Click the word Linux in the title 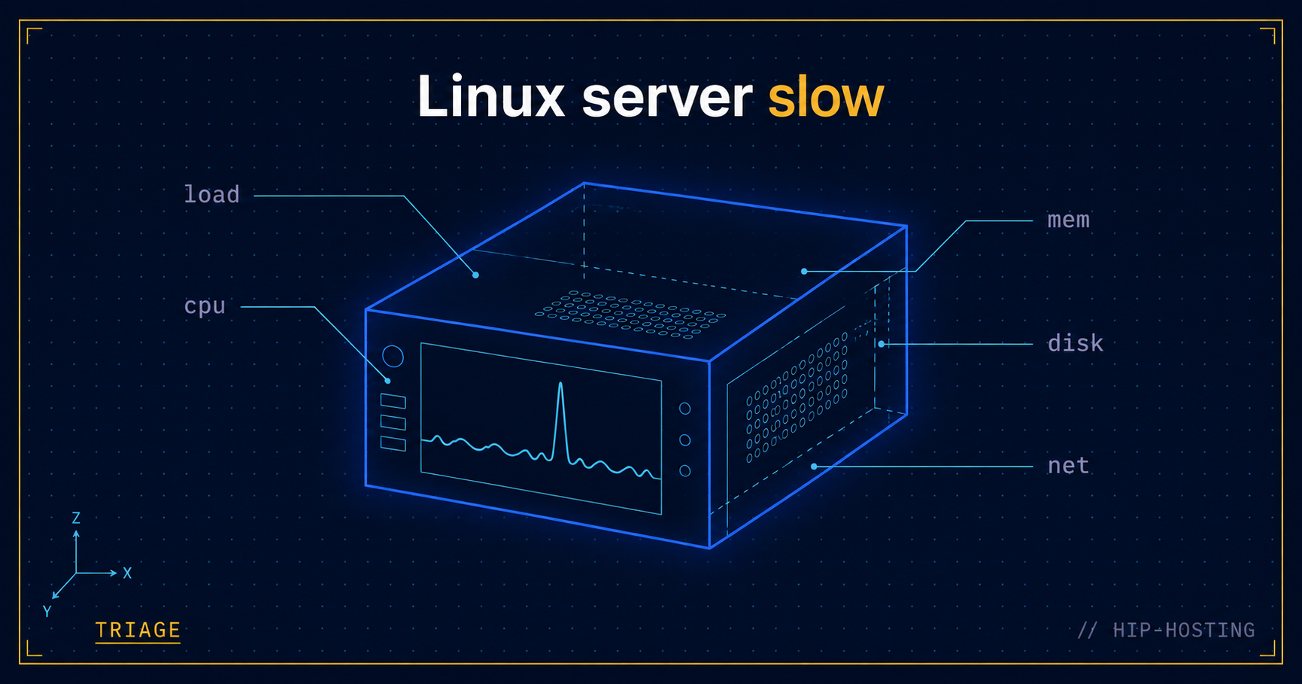pos(491,96)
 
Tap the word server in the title pos(667,99)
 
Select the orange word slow pos(826,96)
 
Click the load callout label pos(212,194)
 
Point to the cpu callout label pos(205,306)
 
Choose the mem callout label pos(1068,220)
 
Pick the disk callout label pos(1076,343)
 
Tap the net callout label pos(1068,466)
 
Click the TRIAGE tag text pos(138,630)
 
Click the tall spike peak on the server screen pos(560,385)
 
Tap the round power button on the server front pos(393,356)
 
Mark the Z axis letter pos(76,518)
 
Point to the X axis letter pos(127,573)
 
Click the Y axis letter pos(47,611)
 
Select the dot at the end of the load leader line pos(475,275)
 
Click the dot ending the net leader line pos(814,467)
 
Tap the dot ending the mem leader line pos(804,271)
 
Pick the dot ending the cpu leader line pos(387,381)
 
